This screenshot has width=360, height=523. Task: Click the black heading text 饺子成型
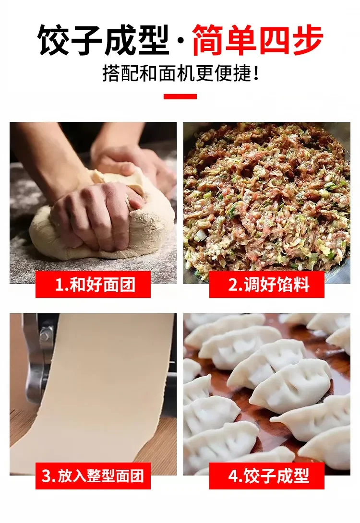[103, 39]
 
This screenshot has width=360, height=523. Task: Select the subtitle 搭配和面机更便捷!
[180, 73]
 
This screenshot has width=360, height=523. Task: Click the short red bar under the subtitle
[180, 97]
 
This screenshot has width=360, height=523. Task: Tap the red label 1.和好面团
[93, 285]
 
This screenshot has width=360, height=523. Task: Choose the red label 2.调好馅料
[267, 285]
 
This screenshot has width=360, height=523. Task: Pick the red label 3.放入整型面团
[93, 475]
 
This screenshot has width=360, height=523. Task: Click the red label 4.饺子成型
[267, 475]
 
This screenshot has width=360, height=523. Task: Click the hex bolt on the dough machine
[46, 335]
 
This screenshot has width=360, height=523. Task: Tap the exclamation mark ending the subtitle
[256, 74]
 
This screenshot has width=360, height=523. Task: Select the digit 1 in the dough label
[59, 285]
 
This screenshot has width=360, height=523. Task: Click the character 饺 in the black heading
[53, 39]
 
